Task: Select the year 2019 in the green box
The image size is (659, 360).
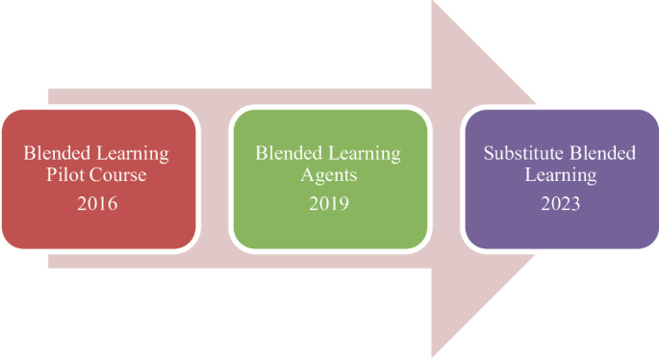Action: tap(328, 203)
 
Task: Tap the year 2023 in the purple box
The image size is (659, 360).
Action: tap(561, 203)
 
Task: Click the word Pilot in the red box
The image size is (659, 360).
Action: tap(67, 177)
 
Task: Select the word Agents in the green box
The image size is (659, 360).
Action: tap(328, 177)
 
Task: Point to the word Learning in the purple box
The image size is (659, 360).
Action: tap(561, 177)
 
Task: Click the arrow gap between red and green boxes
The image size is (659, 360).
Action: tap(214, 178)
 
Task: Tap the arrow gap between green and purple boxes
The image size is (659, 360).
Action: tap(445, 178)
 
